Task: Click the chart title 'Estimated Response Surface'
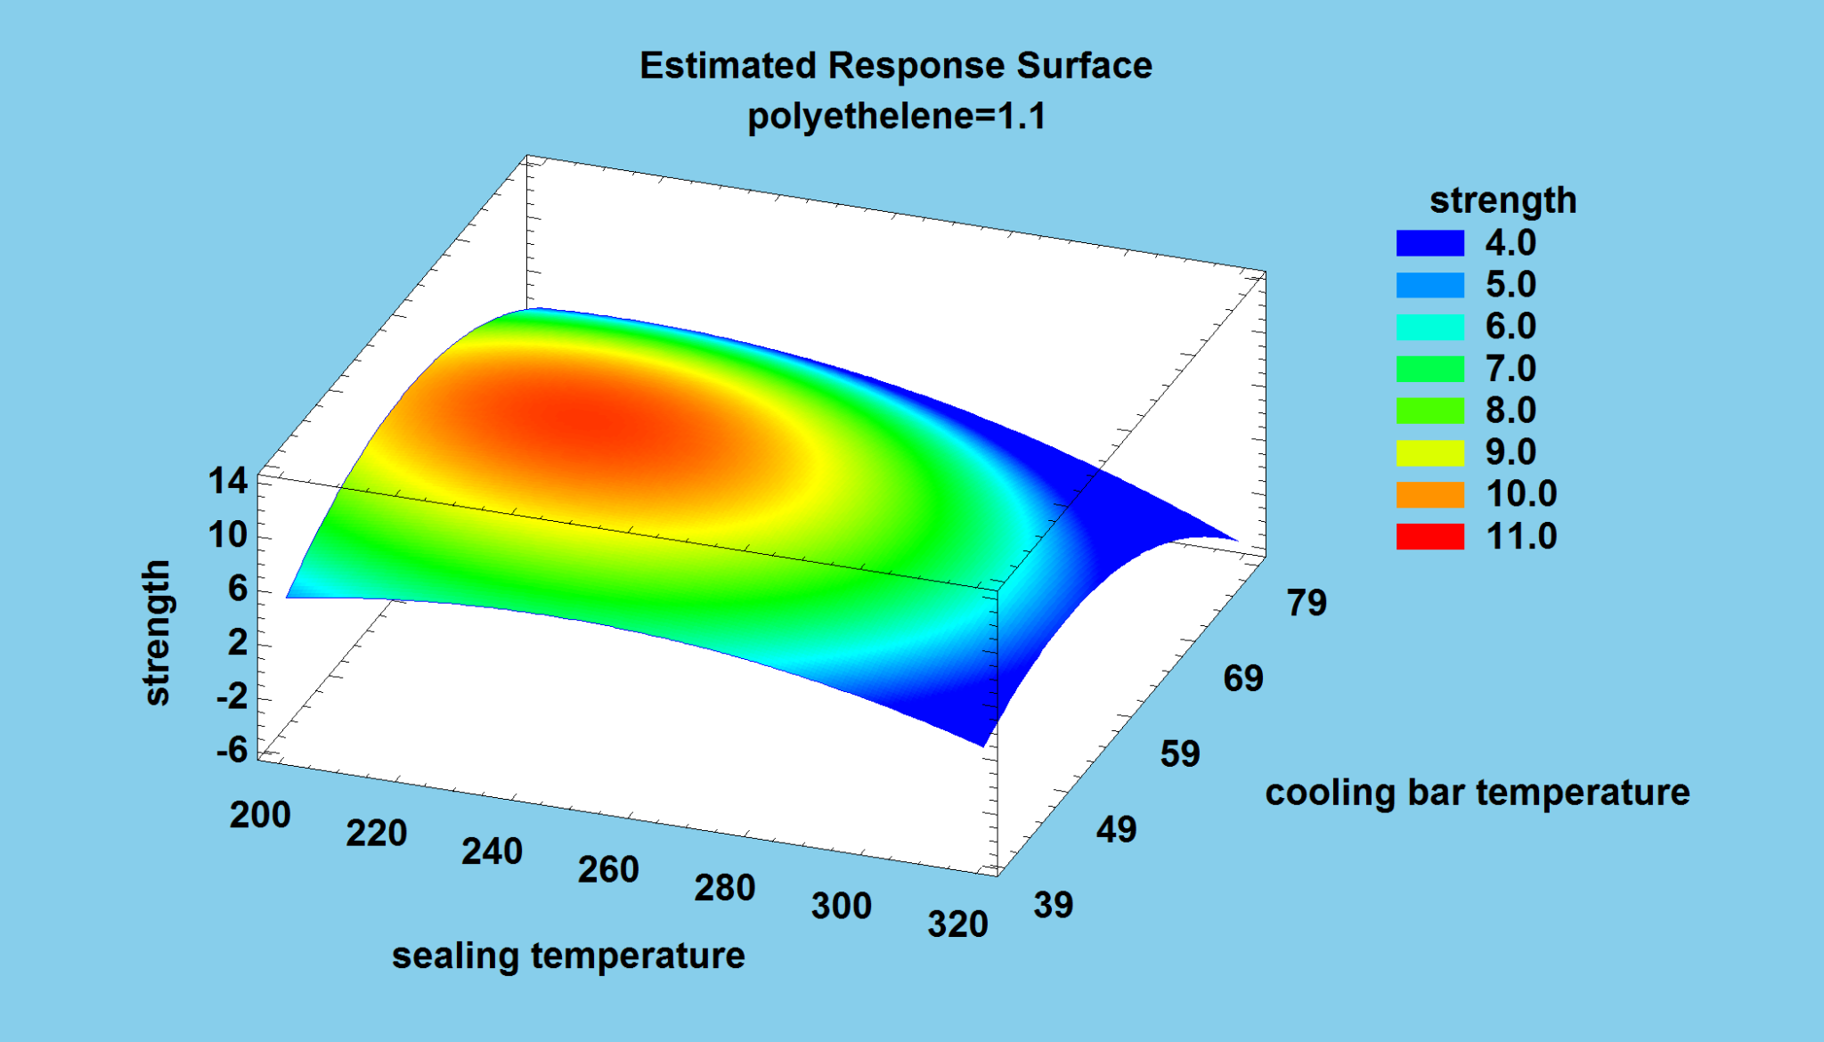[x=895, y=66]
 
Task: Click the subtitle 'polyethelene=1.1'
[x=896, y=117]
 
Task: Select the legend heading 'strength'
[x=1502, y=200]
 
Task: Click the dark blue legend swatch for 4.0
[x=1429, y=243]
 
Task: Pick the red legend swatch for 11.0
[x=1429, y=536]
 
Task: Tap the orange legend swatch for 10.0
[x=1429, y=494]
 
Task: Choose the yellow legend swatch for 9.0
[x=1429, y=452]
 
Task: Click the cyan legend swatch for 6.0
[x=1429, y=327]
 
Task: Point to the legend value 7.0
[x=1510, y=369]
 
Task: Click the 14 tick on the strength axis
[x=227, y=482]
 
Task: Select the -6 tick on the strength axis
[x=232, y=750]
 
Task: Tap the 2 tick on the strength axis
[x=237, y=642]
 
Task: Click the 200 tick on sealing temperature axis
[x=260, y=816]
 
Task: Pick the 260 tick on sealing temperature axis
[x=608, y=870]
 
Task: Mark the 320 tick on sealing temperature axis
[x=957, y=924]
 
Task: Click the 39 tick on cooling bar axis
[x=1054, y=906]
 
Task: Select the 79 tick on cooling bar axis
[x=1307, y=604]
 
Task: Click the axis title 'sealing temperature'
[x=568, y=956]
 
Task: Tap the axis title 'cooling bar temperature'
[x=1477, y=793]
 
